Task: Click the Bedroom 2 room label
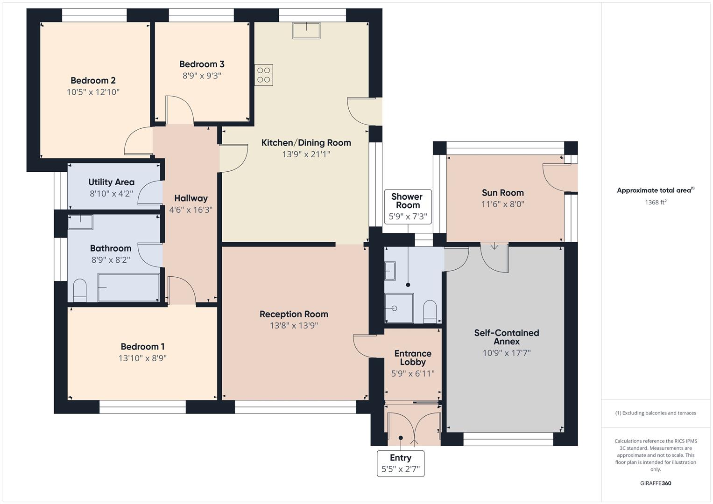point(93,81)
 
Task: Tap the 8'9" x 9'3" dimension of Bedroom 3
point(202,76)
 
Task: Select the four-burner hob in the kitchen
point(264,75)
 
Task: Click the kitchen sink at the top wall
point(306,31)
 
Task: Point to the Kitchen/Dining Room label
point(306,143)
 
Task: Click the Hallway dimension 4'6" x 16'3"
point(191,210)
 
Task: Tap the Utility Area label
point(111,182)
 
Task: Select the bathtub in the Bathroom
point(128,287)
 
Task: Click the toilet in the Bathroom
point(80,290)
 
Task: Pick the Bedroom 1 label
point(142,347)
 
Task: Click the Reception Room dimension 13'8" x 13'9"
point(294,326)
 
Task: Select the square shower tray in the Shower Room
point(399,308)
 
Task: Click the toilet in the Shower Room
point(430,311)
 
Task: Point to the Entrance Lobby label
point(413,357)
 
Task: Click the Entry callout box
point(401,463)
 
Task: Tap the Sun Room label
point(502,193)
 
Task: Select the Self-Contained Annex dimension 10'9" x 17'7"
point(507,353)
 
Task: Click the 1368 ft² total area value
point(655,203)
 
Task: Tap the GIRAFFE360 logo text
point(655,483)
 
